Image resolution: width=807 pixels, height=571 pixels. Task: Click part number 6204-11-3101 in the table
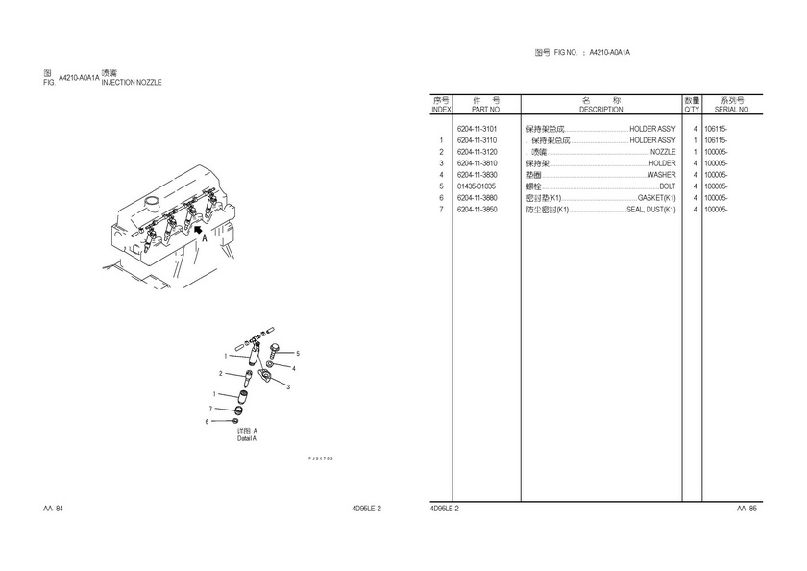pos(477,129)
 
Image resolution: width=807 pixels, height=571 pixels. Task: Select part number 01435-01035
pos(477,186)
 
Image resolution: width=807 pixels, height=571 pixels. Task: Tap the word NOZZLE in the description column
pos(663,152)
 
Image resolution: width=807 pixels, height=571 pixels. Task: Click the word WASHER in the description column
pos(661,175)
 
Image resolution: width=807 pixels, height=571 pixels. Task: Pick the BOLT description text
pos(667,186)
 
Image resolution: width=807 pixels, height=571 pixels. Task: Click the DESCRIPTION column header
pos(600,110)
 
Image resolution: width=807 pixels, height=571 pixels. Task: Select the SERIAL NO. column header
pos(731,110)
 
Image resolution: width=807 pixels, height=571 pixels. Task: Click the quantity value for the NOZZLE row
pos(694,152)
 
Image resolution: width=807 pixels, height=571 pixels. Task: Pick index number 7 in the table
pos(441,210)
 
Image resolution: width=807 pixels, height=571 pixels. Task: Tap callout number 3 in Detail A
pos(288,386)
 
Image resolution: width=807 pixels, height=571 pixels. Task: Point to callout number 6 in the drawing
pos(207,421)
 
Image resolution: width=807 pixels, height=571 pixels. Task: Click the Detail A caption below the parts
pos(247,434)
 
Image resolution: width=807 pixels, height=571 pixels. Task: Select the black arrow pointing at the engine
pos(197,230)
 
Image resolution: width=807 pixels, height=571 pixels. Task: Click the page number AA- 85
pos(746,509)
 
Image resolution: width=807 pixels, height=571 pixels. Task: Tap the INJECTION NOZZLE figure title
pos(132,83)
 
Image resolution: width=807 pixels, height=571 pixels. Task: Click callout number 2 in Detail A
pos(221,374)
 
